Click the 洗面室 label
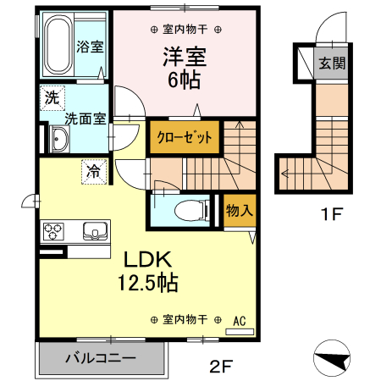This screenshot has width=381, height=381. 86,119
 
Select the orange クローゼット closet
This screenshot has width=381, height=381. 182,137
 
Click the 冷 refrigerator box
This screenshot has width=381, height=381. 94,172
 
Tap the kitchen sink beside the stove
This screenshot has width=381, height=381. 92,229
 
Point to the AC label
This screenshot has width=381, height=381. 240,320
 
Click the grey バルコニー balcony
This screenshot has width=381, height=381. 101,358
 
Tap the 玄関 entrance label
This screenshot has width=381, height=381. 330,63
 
